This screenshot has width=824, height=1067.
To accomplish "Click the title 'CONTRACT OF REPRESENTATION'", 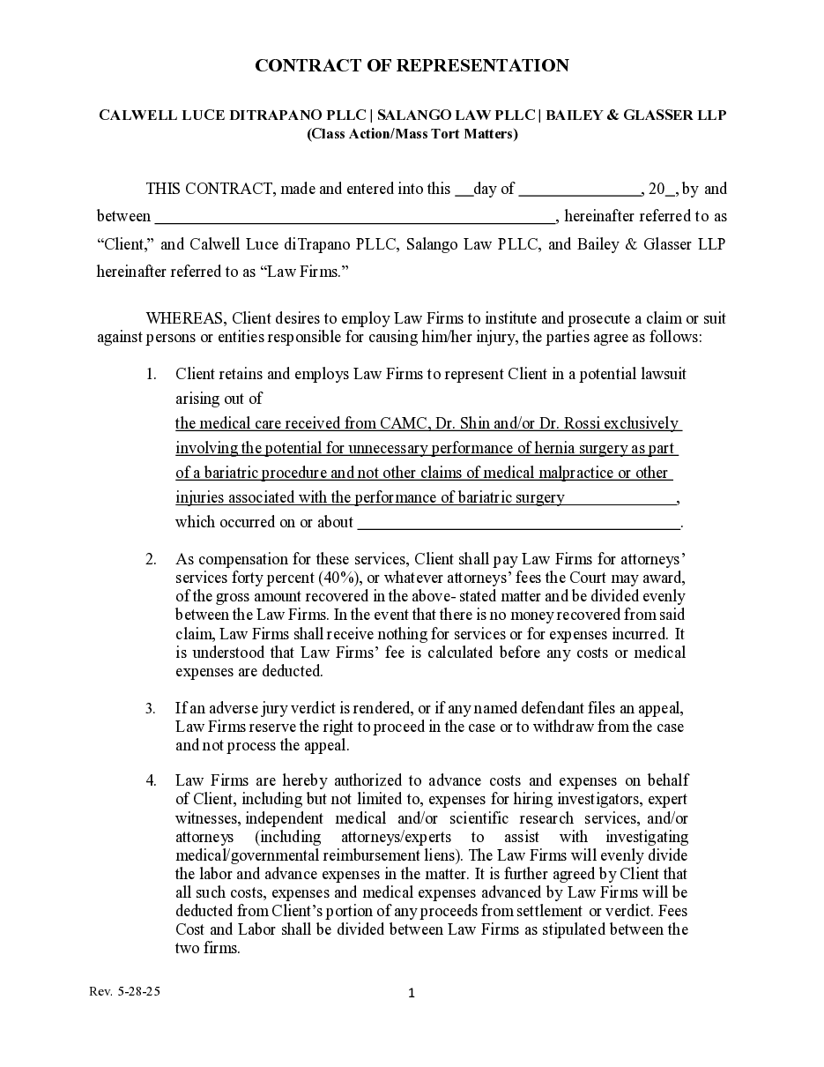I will click(412, 65).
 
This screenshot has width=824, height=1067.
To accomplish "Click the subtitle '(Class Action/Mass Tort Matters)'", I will click(412, 134).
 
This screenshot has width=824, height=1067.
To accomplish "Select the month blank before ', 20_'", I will click(580, 190).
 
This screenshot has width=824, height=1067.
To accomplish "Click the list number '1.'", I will click(152, 374).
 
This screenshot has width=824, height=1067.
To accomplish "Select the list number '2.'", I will click(152, 559).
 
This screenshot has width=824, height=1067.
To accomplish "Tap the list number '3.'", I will click(152, 708).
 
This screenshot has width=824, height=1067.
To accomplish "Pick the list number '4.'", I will click(152, 780).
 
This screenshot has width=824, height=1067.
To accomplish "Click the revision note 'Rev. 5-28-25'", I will click(125, 991).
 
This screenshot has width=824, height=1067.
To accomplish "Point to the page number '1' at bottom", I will click(412, 994).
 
